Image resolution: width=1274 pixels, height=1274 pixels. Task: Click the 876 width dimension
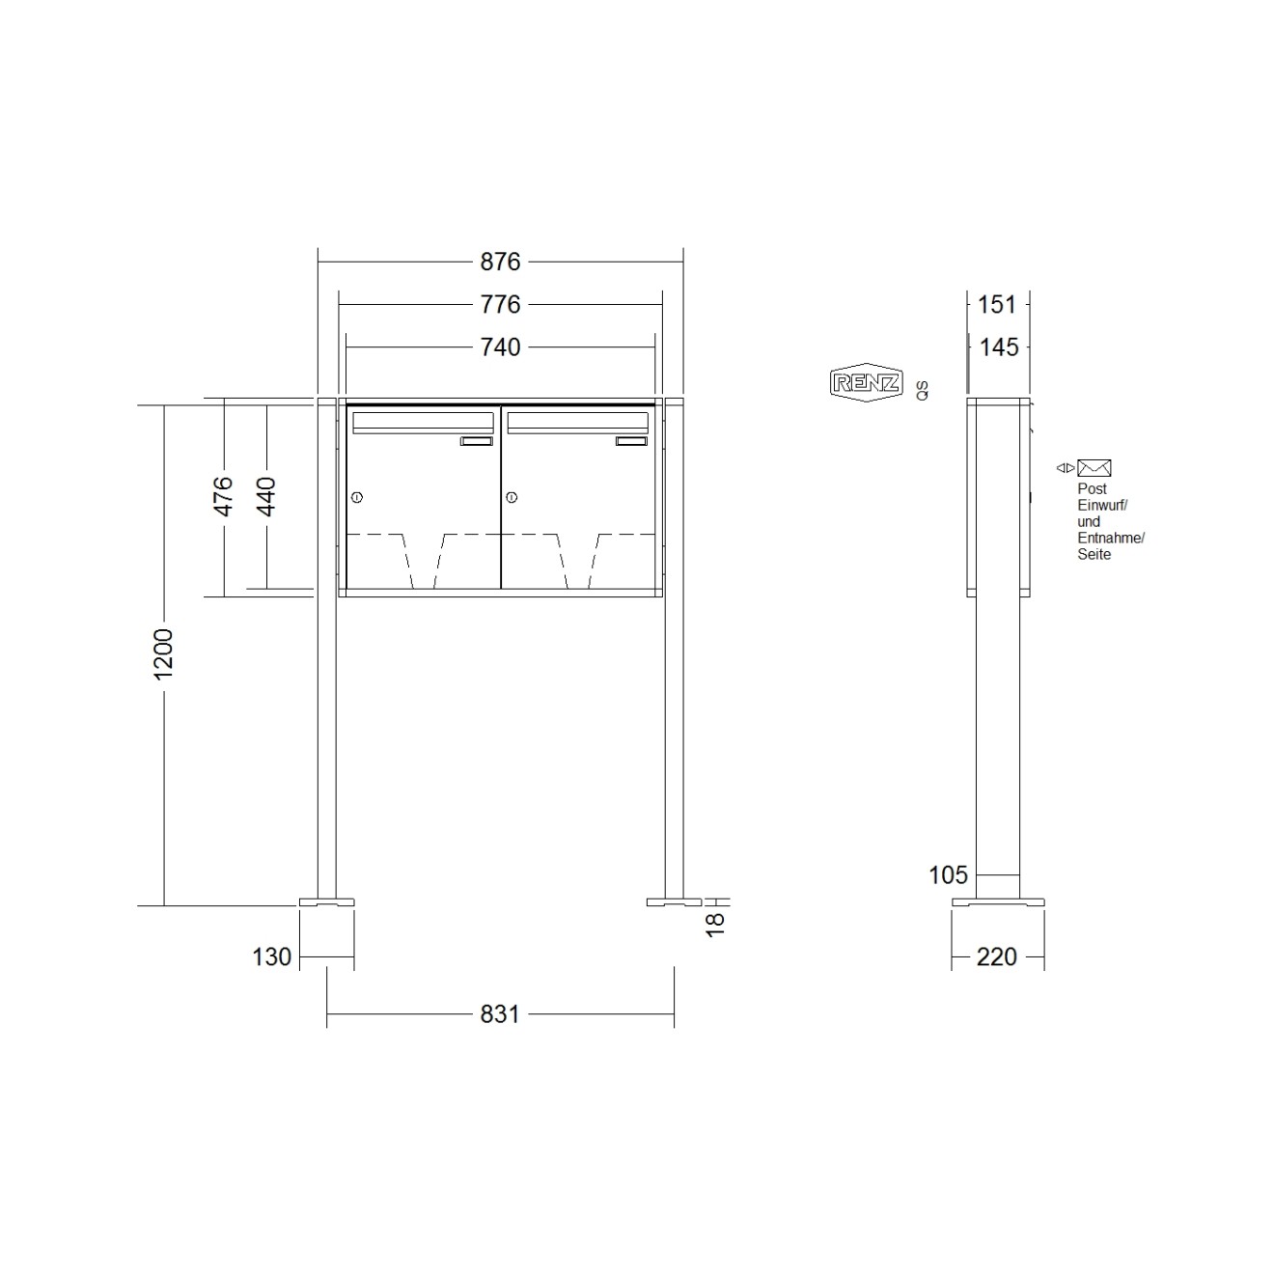500,262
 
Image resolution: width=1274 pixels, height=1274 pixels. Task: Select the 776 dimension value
500,305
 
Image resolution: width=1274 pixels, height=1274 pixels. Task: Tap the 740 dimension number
500,347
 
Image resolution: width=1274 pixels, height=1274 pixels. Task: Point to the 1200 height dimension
163,653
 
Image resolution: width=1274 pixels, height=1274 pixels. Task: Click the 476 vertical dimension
224,496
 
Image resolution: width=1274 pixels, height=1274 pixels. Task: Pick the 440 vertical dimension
265,496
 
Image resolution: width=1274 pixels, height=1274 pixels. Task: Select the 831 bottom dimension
500,1014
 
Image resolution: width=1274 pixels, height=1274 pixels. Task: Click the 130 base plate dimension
272,956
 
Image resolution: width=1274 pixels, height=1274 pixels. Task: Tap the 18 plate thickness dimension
715,924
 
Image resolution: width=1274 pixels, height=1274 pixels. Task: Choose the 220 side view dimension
996,956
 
